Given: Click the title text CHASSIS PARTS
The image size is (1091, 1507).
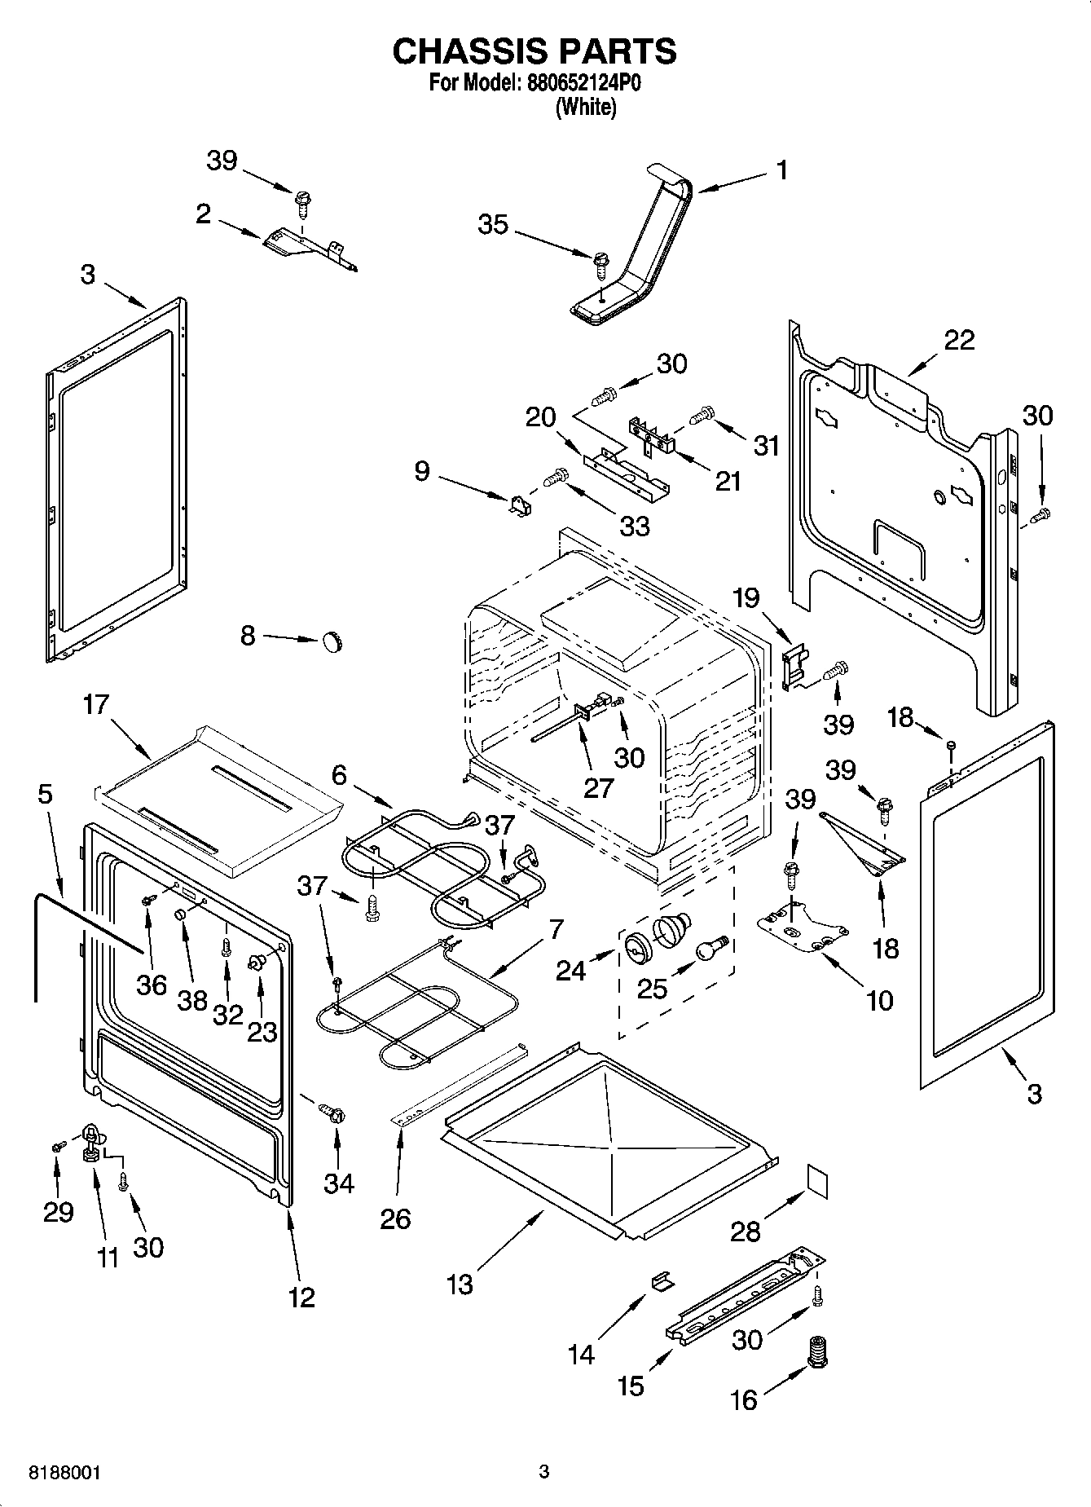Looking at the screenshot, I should pos(534,51).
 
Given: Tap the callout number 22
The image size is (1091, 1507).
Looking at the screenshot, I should pos(958,339).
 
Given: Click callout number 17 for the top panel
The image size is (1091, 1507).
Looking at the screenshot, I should pos(95,703).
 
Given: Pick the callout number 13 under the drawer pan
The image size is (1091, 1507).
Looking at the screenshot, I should pos(460,1284).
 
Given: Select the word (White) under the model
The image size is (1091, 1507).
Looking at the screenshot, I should pos(585,108).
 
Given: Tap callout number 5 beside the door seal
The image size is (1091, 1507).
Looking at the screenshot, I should pos(45,793).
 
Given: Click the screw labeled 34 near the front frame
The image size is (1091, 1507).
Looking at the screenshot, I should pos(332,1113).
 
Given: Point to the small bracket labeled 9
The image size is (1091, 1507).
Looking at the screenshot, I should pos(518,506).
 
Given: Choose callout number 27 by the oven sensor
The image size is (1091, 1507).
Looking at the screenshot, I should pos(598,787).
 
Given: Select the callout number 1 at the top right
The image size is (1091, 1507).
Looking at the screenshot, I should pos(781,170).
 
